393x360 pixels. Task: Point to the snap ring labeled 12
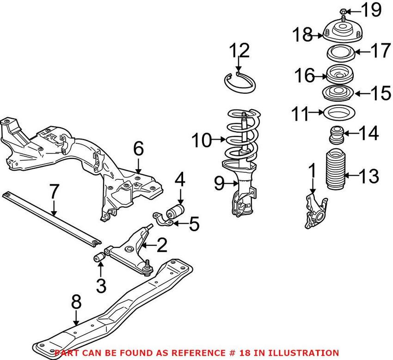pos(239,81)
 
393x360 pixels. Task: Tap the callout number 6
pos(139,150)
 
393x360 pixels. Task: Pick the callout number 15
pos(381,94)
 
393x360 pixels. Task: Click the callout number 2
pos(161,246)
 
